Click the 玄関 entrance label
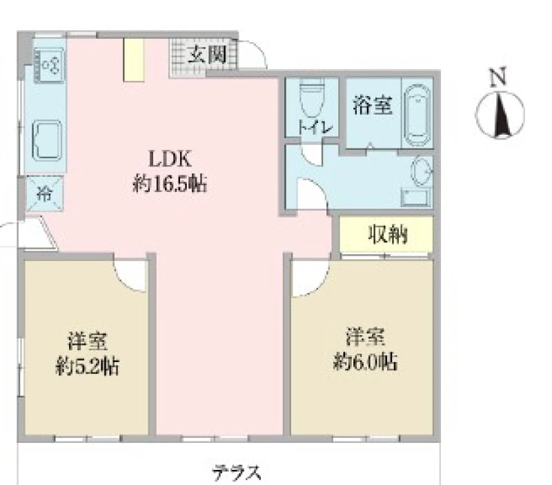click(x=206, y=55)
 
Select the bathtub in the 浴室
click(x=417, y=115)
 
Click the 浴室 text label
click(x=373, y=105)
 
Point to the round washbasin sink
click(x=422, y=171)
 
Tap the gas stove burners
click(x=49, y=65)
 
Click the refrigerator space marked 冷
click(x=45, y=193)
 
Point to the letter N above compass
click(x=498, y=77)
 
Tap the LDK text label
click(x=170, y=159)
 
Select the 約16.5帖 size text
click(x=170, y=184)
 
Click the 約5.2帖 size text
click(x=87, y=366)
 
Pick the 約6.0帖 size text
click(x=366, y=361)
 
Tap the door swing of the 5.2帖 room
click(x=130, y=276)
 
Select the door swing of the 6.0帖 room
click(x=310, y=278)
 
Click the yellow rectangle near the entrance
click(x=134, y=60)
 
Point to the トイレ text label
click(x=315, y=127)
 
